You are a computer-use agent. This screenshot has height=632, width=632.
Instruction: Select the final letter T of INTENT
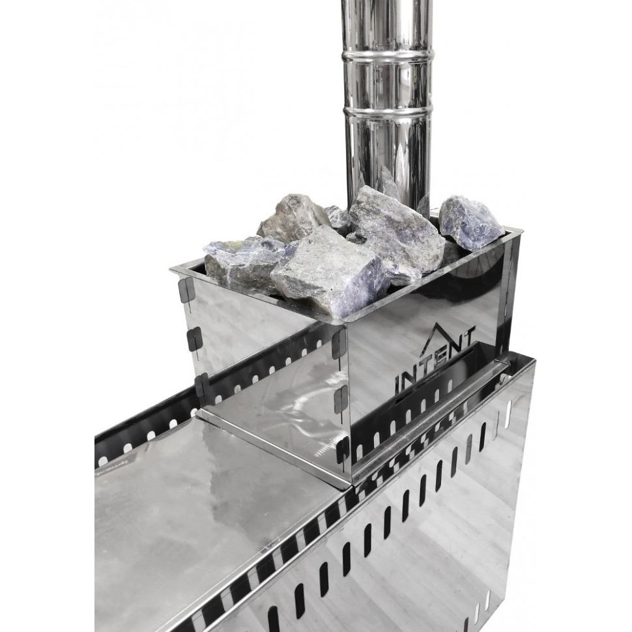(470, 339)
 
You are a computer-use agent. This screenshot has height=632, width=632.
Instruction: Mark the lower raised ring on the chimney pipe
(387, 108)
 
